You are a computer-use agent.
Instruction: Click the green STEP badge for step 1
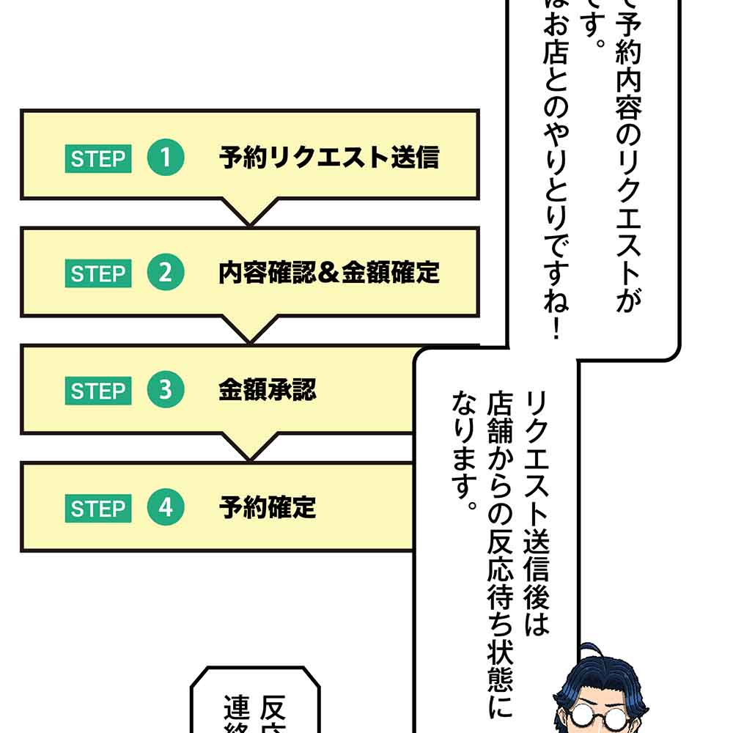97,158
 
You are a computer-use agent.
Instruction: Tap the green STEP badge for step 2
97,274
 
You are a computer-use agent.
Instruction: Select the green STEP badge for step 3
97,391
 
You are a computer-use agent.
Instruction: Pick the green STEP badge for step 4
97,508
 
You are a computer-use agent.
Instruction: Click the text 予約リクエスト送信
328,158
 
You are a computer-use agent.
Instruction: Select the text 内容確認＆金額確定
328,273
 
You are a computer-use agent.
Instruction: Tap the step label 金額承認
267,390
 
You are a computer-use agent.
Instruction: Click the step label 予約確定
267,507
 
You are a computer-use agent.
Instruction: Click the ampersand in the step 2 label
328,274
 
